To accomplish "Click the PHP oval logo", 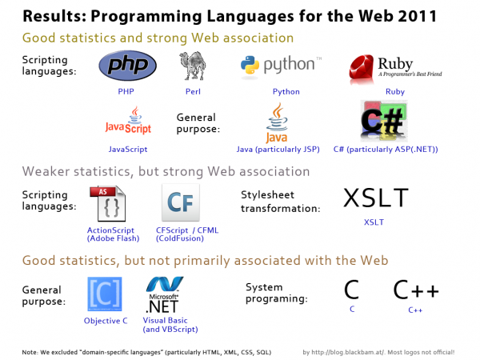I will click(126, 66).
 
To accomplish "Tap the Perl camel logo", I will click(193, 66).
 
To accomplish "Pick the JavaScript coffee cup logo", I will click(127, 121).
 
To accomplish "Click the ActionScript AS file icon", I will click(106, 204).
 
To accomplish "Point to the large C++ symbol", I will click(414, 289).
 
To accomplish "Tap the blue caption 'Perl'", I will click(193, 92).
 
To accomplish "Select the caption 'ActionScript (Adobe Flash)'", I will click(107, 235).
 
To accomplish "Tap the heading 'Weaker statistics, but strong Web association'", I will click(166, 171).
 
